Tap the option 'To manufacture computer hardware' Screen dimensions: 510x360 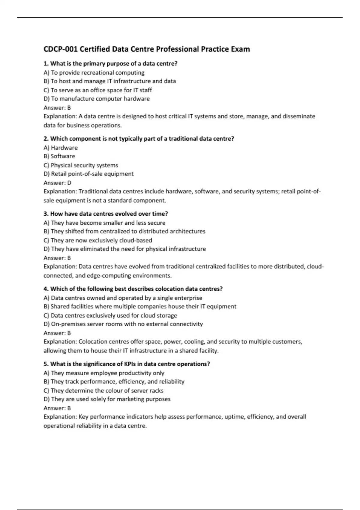click(x=97, y=99)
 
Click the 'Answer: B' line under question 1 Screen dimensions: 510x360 click(x=57, y=108)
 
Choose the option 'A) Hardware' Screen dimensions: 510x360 click(x=61, y=148)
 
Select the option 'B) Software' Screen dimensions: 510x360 click(x=59, y=156)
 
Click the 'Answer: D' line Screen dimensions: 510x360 click(x=57, y=183)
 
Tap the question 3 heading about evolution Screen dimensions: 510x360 click(x=106, y=214)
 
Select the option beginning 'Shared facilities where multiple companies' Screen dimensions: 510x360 click(x=140, y=307)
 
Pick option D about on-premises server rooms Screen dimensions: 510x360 click(x=123, y=324)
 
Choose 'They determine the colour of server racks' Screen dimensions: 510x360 click(x=103, y=391)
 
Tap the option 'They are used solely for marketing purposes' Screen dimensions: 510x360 click(x=107, y=399)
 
